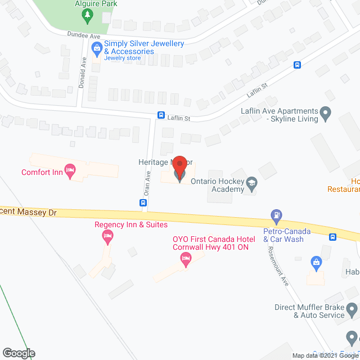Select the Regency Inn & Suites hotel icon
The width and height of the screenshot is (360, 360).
click(107, 238)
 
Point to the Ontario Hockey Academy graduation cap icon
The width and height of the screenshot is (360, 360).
click(252, 183)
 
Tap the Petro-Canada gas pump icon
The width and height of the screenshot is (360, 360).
click(276, 214)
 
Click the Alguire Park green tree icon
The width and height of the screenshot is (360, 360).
click(87, 17)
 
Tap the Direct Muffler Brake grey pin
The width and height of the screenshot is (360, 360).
click(352, 309)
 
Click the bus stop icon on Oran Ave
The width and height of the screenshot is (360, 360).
click(143, 203)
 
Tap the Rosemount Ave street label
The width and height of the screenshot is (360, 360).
click(277, 266)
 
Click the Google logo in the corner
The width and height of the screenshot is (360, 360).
click(18, 353)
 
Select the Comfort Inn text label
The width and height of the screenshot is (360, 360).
click(42, 172)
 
